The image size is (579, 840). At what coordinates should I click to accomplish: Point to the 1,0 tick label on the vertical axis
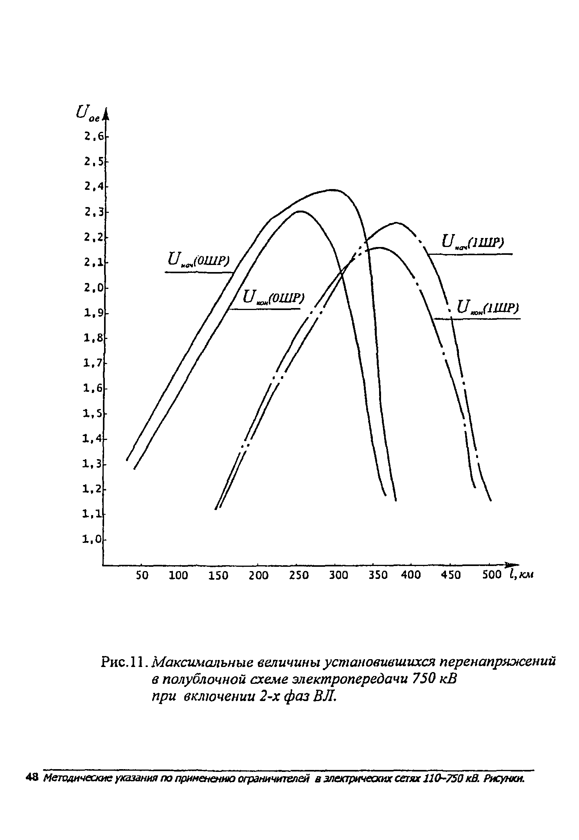pyautogui.click(x=92, y=540)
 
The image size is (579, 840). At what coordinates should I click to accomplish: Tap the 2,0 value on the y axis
pyautogui.click(x=93, y=288)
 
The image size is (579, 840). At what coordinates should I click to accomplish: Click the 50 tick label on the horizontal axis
pyautogui.click(x=142, y=575)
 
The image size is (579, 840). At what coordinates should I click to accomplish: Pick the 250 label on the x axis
pyautogui.click(x=299, y=575)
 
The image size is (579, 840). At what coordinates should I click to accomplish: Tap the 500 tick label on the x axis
pyautogui.click(x=492, y=575)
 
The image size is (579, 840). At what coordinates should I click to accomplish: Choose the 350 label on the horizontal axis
pyautogui.click(x=378, y=575)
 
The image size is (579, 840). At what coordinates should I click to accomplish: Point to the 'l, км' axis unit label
pyautogui.click(x=521, y=575)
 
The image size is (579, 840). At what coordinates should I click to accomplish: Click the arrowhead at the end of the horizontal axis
pyautogui.click(x=513, y=564)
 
